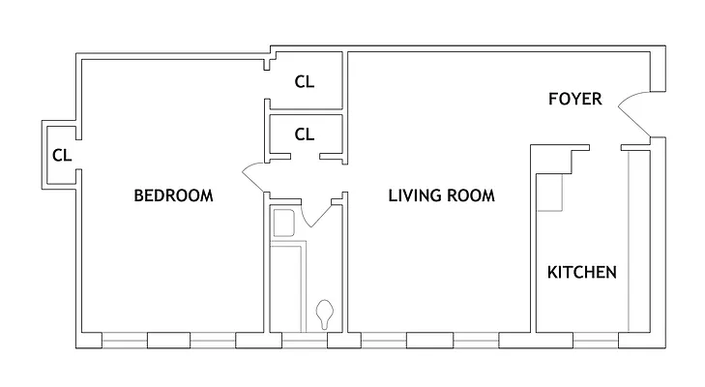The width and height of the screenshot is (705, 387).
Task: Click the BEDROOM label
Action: tap(172, 195)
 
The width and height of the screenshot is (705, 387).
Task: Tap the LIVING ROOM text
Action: tap(441, 195)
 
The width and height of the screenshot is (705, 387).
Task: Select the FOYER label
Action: tap(575, 99)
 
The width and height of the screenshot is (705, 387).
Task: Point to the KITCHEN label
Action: tap(582, 272)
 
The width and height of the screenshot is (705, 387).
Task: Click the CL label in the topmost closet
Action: tap(305, 82)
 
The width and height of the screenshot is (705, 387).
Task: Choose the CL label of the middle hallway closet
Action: tap(305, 134)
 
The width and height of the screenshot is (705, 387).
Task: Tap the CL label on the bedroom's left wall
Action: tap(61, 154)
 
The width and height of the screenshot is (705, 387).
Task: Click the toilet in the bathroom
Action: tap(325, 313)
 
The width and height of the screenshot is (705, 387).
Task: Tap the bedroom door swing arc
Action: tap(253, 174)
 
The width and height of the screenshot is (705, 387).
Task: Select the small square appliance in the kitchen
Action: tap(553, 193)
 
